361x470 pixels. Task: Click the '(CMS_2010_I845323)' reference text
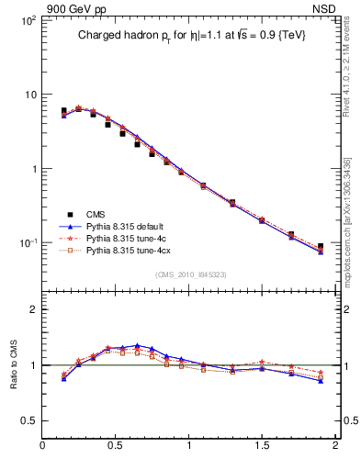coord(190,273)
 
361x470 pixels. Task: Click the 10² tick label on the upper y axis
coord(28,20)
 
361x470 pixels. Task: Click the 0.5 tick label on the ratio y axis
coord(28,420)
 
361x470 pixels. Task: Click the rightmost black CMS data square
coord(321,246)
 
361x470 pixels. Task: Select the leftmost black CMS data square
coord(63,111)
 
